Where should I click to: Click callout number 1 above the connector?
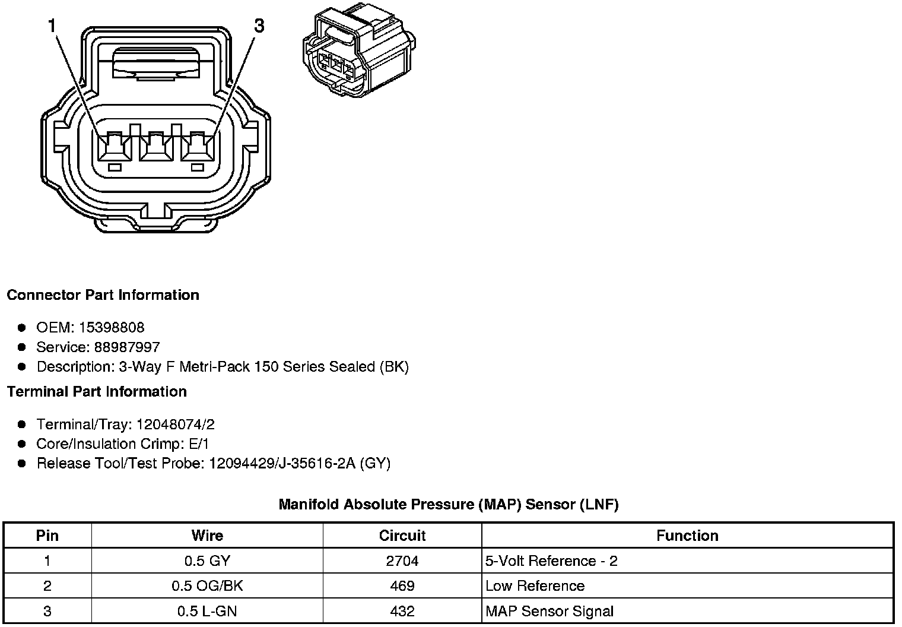[53, 26]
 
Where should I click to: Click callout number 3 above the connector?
[259, 26]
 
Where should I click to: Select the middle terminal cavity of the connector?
[155, 146]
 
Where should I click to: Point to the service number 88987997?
[127, 347]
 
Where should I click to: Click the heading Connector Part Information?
[103, 295]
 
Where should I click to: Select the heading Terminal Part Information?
[97, 392]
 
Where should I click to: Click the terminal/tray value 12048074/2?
[176, 425]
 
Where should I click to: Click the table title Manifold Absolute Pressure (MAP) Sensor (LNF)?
[449, 505]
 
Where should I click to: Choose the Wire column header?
[207, 536]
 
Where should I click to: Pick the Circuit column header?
[402, 536]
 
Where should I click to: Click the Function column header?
[687, 536]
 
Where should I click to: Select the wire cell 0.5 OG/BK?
[207, 586]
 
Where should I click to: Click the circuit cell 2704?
[402, 561]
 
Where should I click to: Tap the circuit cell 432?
[402, 611]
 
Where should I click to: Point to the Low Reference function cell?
[535, 586]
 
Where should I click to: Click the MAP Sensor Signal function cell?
[550, 611]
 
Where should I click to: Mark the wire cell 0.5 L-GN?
[207, 611]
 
